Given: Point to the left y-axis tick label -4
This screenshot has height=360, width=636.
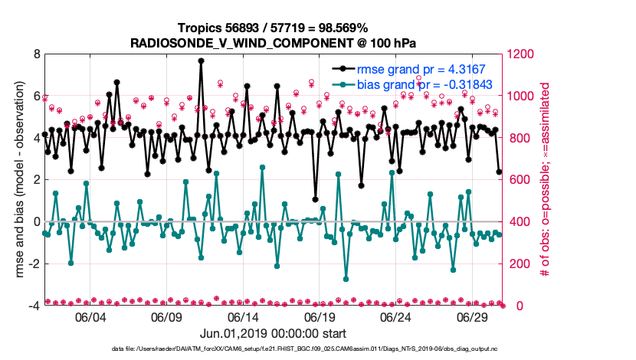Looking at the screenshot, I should point(34,306).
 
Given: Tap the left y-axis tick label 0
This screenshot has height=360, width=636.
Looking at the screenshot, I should point(36,222).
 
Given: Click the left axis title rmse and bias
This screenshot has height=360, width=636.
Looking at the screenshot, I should point(17,180).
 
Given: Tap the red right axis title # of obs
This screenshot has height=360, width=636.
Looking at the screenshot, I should point(546,180).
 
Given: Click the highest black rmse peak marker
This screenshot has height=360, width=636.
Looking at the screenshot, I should point(201,61).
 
